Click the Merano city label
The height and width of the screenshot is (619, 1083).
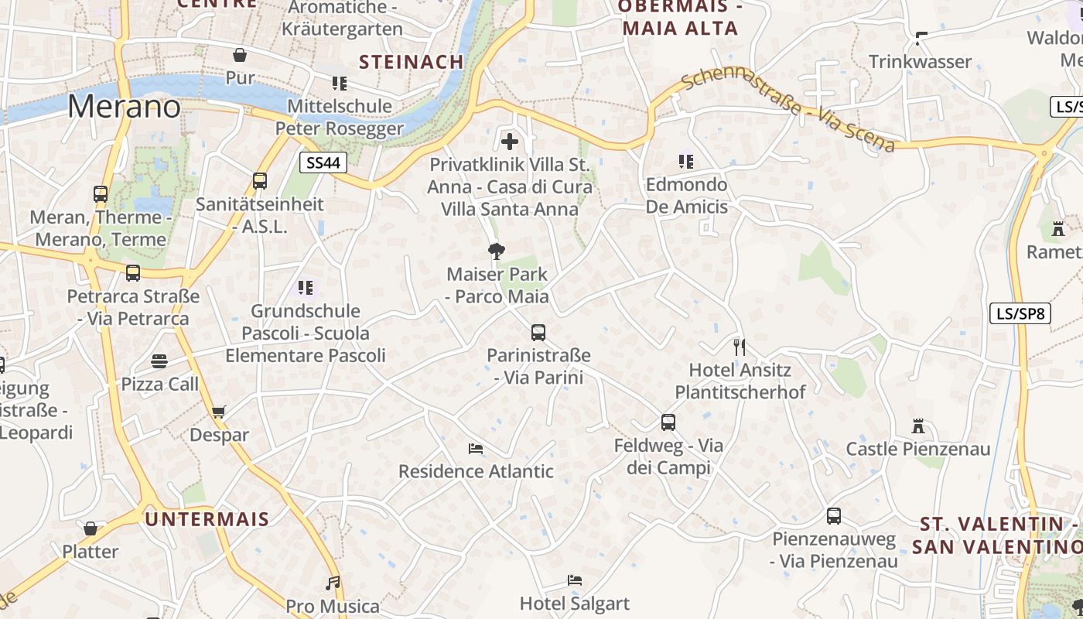coord(124,106)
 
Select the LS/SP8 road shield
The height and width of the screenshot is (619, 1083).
coord(1020,313)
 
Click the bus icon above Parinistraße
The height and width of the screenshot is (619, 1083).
coord(538,333)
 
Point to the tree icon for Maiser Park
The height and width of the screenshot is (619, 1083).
coord(497,251)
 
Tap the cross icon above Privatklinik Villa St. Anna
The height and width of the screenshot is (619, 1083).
coord(510,142)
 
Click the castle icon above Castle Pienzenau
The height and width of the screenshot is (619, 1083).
coord(918,426)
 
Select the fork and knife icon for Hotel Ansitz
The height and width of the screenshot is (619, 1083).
coord(740,347)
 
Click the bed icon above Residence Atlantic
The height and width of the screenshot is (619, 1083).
coord(476,449)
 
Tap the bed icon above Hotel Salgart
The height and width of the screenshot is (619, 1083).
coord(574,580)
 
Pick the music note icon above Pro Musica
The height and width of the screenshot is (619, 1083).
coord(333,583)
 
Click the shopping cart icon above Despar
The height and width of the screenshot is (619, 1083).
coord(219,412)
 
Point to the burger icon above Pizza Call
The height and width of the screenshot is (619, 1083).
coord(159,361)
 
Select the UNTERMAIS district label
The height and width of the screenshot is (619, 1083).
coord(207,519)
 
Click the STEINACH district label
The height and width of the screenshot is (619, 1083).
coord(412,62)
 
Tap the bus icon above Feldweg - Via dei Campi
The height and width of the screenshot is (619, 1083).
coord(668,422)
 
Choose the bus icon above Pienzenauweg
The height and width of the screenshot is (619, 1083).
coord(834,516)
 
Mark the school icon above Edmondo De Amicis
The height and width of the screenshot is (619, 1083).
coord(686,162)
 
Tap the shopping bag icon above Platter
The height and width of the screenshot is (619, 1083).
coord(91,528)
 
